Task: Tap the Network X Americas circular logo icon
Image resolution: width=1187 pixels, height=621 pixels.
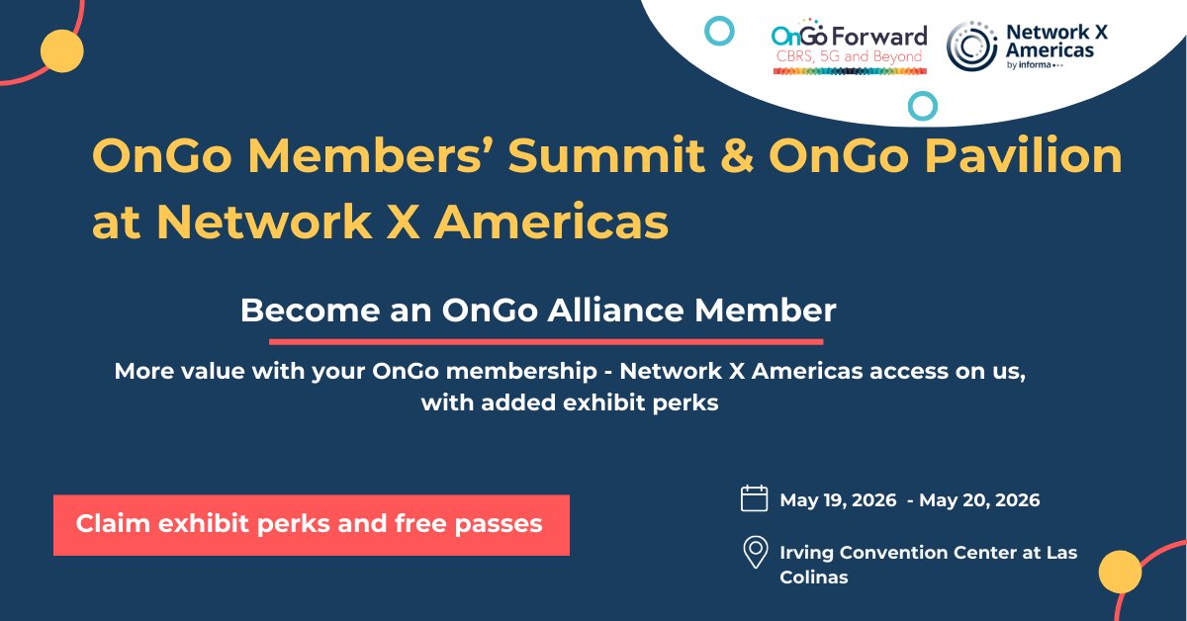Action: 971,45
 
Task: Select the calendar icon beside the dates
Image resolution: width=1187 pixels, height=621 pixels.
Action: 755,497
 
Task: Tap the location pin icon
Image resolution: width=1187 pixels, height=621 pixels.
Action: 756,553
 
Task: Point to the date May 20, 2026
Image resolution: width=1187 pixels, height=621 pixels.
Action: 979,500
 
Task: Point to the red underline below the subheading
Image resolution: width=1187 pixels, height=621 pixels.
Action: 546,342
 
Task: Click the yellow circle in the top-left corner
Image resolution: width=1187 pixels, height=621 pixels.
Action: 60,50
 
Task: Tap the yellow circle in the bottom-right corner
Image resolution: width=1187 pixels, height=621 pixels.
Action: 1120,571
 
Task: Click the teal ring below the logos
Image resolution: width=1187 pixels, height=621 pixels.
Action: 923,106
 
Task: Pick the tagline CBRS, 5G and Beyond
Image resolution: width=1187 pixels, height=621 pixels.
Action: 848,57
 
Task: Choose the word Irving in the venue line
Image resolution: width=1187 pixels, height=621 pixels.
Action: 811,552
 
